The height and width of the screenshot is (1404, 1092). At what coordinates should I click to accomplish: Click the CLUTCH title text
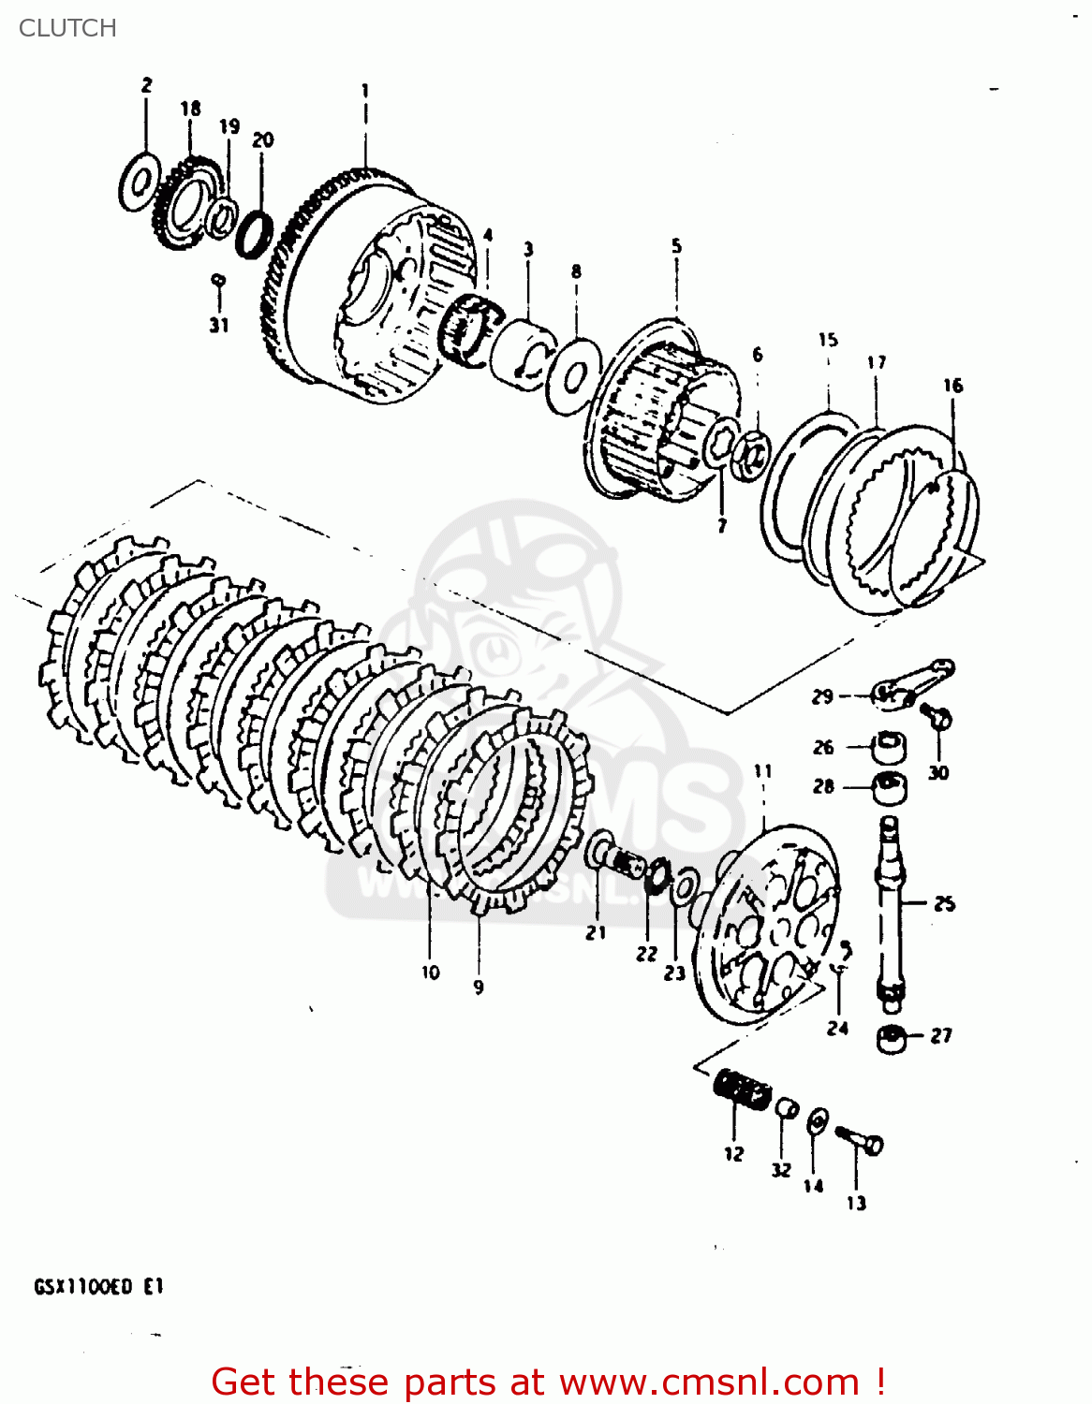tap(67, 28)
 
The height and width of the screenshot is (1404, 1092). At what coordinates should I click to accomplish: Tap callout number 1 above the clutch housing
tap(365, 91)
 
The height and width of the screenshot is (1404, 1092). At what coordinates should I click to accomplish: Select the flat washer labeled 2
tap(139, 183)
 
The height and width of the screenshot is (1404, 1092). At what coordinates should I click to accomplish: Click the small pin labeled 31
tap(218, 279)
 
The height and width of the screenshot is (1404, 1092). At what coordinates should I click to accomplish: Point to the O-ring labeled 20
tap(254, 234)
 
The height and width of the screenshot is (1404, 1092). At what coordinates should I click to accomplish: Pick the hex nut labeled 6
tap(750, 456)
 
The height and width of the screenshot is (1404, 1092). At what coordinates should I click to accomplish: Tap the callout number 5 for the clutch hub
tap(676, 246)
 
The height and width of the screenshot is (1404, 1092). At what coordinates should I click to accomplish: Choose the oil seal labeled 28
tap(889, 787)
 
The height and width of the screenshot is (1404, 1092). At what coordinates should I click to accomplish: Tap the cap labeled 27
tap(892, 1037)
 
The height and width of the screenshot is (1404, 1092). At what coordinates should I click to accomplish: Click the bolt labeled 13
tap(860, 1140)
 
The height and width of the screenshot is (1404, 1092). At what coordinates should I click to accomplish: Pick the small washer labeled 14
tap(817, 1119)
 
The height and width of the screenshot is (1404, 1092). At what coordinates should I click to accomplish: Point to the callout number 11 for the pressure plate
tap(763, 770)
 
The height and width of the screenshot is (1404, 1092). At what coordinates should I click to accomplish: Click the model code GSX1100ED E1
tap(99, 1286)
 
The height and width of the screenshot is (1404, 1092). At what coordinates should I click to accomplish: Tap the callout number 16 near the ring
tap(952, 385)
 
